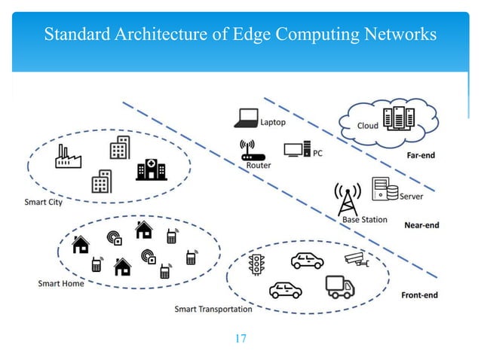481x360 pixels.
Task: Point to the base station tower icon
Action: (348, 198)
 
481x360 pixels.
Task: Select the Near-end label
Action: (421, 224)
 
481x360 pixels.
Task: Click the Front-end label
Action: (419, 294)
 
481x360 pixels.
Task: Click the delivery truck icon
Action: (339, 286)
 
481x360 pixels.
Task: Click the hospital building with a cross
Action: (151, 169)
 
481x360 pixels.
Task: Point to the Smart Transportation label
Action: (213, 309)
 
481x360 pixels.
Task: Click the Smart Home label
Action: (61, 283)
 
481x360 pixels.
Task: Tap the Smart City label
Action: (43, 202)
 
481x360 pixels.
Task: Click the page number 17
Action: (240, 338)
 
